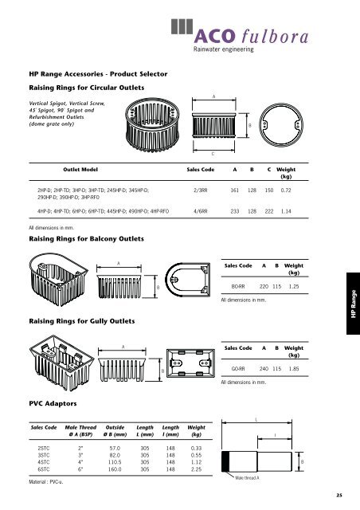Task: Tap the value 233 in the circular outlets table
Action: (235, 213)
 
